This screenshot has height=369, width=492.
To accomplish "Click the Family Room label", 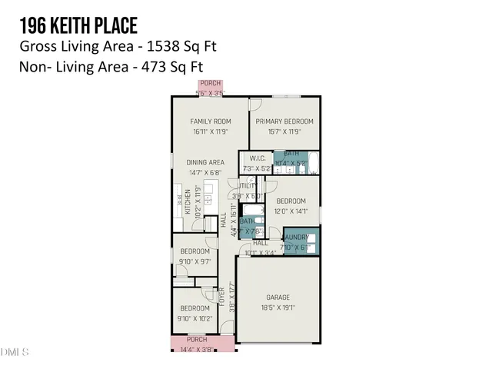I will click(211, 121).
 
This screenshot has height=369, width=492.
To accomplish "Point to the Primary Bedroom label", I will click(284, 121).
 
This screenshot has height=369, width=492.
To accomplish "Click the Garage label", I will click(278, 298).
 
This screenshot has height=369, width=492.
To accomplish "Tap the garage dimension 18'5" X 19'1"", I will click(278, 307).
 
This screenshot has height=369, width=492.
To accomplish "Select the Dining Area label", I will click(205, 162).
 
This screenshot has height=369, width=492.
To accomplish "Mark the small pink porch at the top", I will click(210, 88).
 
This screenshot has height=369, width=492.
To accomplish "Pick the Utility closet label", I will click(247, 186).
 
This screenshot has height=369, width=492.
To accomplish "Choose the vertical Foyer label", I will click(221, 296).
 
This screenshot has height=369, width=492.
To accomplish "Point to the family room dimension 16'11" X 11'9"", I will click(211, 131).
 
